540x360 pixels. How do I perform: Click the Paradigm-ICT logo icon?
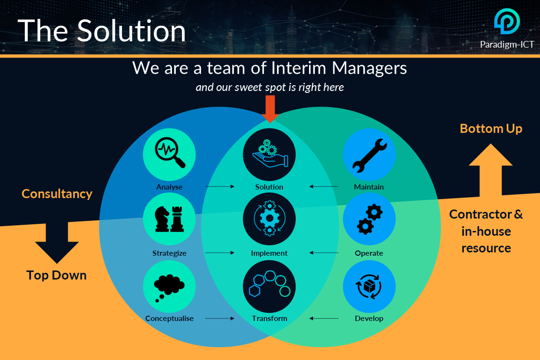(x=507, y=21)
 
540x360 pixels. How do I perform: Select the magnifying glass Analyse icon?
(x=170, y=154)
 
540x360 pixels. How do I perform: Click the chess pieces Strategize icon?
(x=170, y=219)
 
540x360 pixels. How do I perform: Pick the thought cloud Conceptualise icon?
(x=170, y=287)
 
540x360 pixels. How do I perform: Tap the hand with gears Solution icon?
(x=270, y=154)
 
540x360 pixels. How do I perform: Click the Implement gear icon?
(x=270, y=219)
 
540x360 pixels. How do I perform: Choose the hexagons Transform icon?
(x=270, y=287)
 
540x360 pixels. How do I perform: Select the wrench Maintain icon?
(x=369, y=154)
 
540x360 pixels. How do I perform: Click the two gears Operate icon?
(x=369, y=219)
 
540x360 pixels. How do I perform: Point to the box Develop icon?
(x=369, y=287)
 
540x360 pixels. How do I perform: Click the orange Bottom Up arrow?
(x=491, y=169)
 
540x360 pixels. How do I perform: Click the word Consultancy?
(x=57, y=194)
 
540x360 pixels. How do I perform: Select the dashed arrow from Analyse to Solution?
(x=220, y=186)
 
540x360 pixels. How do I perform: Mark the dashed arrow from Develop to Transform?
(x=324, y=318)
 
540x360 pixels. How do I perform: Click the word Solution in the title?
(x=131, y=31)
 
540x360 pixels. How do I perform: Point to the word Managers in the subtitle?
(x=369, y=68)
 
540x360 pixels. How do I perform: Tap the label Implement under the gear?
(x=270, y=253)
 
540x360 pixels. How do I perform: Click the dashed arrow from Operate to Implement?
(x=324, y=252)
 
